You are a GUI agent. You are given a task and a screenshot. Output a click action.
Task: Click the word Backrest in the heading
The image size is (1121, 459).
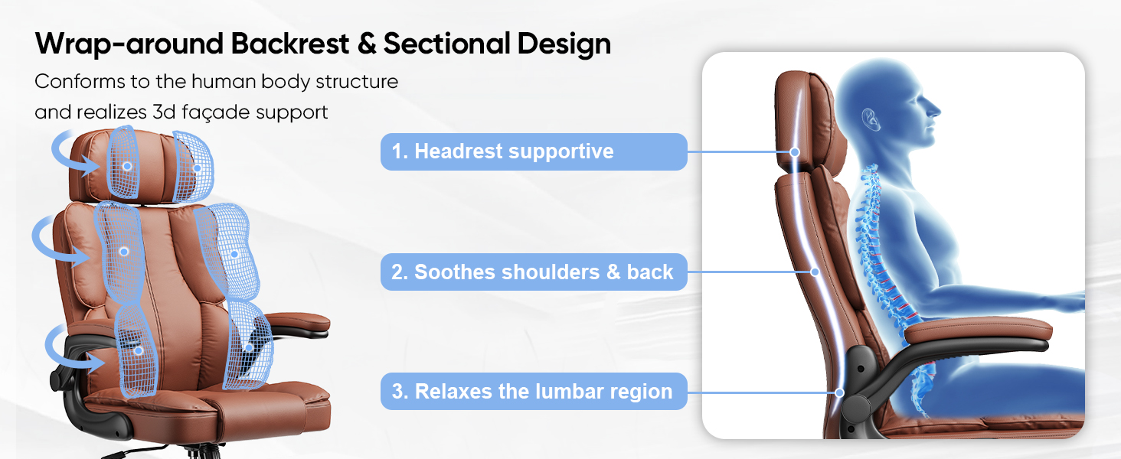pyautogui.click(x=289, y=44)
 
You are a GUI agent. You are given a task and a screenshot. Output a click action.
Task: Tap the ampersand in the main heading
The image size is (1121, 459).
pyautogui.click(x=367, y=44)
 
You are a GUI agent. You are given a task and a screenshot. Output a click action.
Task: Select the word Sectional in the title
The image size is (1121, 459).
pyautogui.click(x=446, y=44)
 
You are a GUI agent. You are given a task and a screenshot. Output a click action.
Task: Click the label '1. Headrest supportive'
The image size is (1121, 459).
pyautogui.click(x=534, y=151)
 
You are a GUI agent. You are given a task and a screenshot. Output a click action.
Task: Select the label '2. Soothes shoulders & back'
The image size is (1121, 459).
pyautogui.click(x=534, y=272)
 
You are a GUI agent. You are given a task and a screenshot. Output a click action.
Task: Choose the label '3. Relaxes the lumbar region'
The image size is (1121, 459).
pyautogui.click(x=534, y=392)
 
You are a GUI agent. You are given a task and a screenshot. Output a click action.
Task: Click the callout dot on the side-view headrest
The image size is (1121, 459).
pyautogui.click(x=795, y=152)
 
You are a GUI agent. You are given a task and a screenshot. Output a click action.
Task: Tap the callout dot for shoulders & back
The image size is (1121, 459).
pyautogui.click(x=815, y=272)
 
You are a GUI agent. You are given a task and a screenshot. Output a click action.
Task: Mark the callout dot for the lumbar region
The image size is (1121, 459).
pyautogui.click(x=840, y=392)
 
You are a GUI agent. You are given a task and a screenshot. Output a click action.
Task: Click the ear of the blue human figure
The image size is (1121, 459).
pyautogui.click(x=871, y=119)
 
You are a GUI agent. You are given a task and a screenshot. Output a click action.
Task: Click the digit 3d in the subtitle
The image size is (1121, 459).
pyautogui.click(x=164, y=112)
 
